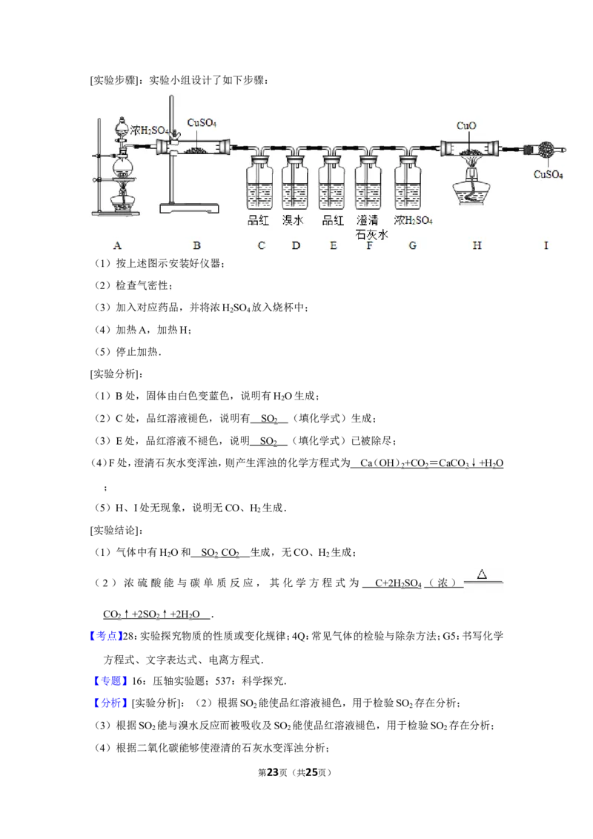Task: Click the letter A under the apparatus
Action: [117, 245]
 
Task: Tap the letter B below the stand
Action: [196, 245]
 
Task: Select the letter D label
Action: [296, 245]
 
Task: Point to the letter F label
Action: [369, 245]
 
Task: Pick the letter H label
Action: [477, 245]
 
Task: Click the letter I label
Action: [546, 245]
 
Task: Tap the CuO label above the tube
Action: [466, 126]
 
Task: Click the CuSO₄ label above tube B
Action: [202, 122]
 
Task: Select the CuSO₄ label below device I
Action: [549, 176]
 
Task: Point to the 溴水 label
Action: [294, 221]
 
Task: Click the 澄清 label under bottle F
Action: [368, 221]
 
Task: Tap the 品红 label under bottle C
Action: [259, 221]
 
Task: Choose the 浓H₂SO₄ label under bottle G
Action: [413, 221]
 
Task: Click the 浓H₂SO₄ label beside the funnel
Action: [150, 131]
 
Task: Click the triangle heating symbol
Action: [482, 574]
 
